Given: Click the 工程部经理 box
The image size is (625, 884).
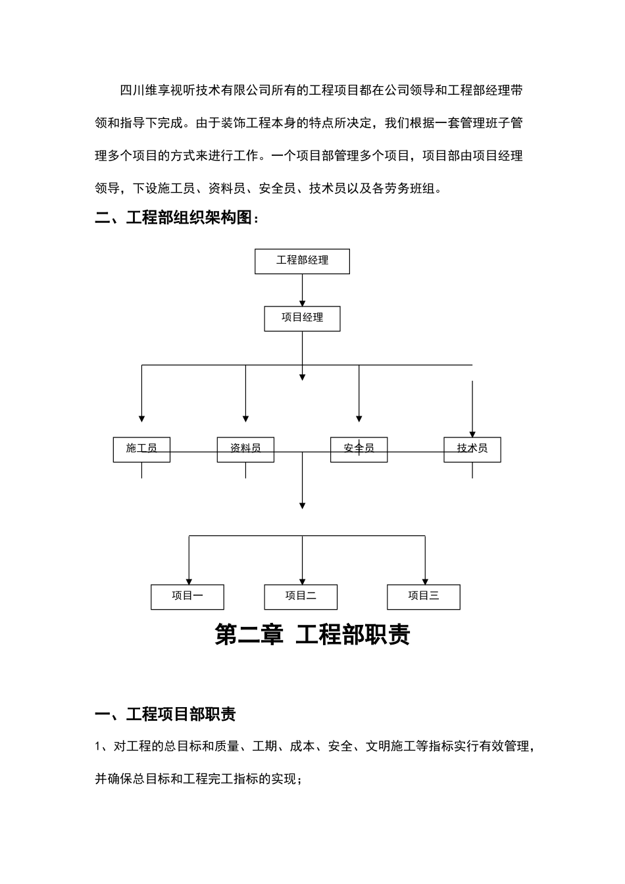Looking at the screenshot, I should click(x=302, y=261).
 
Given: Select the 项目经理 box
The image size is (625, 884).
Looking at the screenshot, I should click(x=302, y=318).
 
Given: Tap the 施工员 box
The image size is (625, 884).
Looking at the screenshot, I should click(x=141, y=449).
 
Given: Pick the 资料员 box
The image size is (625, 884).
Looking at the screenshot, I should click(x=245, y=449).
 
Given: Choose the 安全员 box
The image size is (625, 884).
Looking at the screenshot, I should click(x=359, y=449).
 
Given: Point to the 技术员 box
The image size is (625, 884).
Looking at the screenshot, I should click(x=472, y=449).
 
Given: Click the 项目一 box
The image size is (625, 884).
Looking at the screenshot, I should click(x=187, y=597).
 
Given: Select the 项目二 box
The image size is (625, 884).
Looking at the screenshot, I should click(x=301, y=597).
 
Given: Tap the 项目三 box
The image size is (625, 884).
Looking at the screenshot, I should click(x=423, y=597).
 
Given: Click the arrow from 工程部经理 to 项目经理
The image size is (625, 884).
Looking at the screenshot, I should click(x=302, y=289).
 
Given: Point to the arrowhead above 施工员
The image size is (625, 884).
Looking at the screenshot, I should click(x=141, y=418).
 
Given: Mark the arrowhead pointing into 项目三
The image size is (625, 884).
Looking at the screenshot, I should click(x=426, y=580).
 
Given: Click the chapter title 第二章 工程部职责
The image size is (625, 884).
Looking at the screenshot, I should click(x=312, y=635).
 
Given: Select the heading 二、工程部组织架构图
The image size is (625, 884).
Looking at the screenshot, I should click(x=177, y=218).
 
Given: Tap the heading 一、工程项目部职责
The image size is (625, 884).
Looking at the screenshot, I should click(x=165, y=714).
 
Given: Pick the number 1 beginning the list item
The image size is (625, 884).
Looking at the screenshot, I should click(x=98, y=747).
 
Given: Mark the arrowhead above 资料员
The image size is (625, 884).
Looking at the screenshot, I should click(x=245, y=418).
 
